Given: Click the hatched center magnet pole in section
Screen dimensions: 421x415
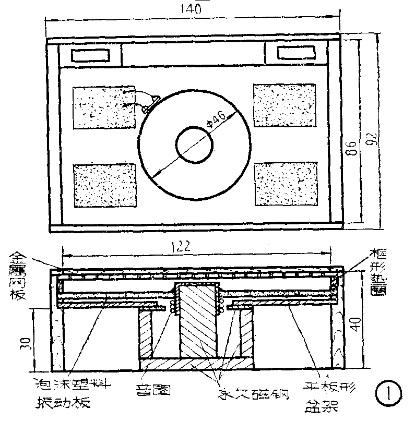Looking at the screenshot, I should tap(197, 323).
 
